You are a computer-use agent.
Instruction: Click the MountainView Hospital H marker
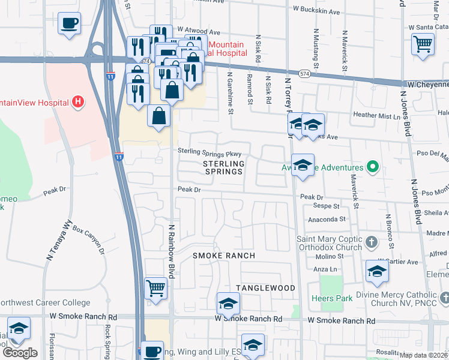77,103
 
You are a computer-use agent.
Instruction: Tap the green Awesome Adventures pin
372,167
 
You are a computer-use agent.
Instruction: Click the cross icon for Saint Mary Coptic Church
372,242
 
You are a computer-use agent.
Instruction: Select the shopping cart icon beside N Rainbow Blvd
156,288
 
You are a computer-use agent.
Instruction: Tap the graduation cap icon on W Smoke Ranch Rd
228,304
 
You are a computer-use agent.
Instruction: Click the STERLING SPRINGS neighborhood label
223,167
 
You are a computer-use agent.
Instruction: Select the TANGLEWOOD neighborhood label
265,288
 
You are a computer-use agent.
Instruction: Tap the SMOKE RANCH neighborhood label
223,256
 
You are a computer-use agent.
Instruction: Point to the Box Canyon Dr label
88,240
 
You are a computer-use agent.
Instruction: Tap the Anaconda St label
327,220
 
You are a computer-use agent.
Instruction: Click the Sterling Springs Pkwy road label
209,153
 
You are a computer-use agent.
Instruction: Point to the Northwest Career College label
45,303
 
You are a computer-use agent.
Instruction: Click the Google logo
20,352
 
